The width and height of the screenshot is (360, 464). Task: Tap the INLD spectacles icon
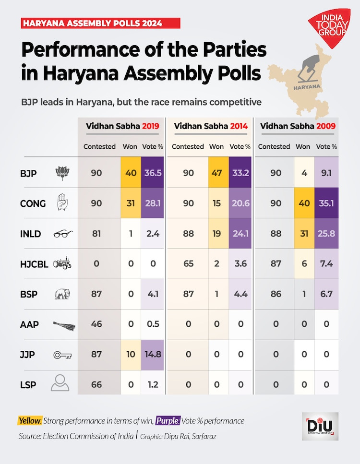62,234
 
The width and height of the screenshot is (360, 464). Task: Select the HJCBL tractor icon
62,263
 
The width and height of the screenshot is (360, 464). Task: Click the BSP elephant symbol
62,294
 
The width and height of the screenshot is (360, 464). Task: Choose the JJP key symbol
62,355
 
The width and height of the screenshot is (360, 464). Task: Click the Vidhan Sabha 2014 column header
211,126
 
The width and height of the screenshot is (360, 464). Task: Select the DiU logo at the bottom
320,426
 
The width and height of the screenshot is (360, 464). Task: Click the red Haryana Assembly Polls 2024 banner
100,23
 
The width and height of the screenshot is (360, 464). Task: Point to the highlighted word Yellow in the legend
30,421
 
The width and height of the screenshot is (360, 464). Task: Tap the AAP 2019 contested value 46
96,324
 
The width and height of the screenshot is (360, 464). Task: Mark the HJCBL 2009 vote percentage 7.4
326,263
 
